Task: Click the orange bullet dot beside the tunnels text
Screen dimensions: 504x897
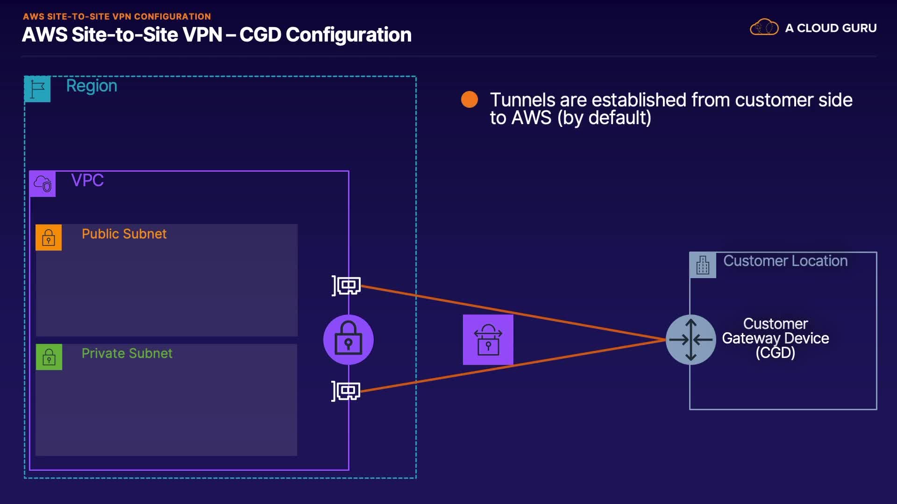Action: pyautogui.click(x=469, y=99)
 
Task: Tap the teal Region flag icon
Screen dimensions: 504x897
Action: pyautogui.click(x=37, y=89)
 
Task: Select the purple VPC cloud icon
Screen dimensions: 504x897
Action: pyautogui.click(x=43, y=183)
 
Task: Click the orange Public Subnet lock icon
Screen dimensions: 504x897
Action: pyautogui.click(x=49, y=238)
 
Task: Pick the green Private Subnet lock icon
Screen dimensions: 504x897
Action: pyautogui.click(x=49, y=357)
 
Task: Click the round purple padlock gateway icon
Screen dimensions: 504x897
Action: pyautogui.click(x=349, y=340)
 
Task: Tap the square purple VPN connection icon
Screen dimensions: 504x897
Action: pyautogui.click(x=488, y=340)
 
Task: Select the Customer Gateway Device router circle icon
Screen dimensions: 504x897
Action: pyautogui.click(x=691, y=340)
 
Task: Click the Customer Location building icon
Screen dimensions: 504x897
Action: pyautogui.click(x=703, y=265)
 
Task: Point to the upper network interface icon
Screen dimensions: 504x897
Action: pyautogui.click(x=347, y=285)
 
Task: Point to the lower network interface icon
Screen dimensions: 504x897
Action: pyautogui.click(x=346, y=391)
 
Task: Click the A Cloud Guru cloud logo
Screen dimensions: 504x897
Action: pyautogui.click(x=764, y=28)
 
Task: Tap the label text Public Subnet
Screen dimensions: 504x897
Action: pyautogui.click(x=124, y=234)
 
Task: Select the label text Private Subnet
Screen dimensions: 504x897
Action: pyautogui.click(x=127, y=353)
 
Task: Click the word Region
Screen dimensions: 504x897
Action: pyautogui.click(x=92, y=86)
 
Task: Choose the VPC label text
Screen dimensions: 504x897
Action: pyautogui.click(x=87, y=180)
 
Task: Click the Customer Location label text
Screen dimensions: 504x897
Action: pyautogui.click(x=785, y=261)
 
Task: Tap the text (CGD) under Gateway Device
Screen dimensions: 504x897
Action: pyautogui.click(x=775, y=352)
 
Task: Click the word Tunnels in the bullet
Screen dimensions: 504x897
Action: pyautogui.click(x=522, y=100)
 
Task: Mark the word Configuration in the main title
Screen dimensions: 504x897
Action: pyautogui.click(x=349, y=35)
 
